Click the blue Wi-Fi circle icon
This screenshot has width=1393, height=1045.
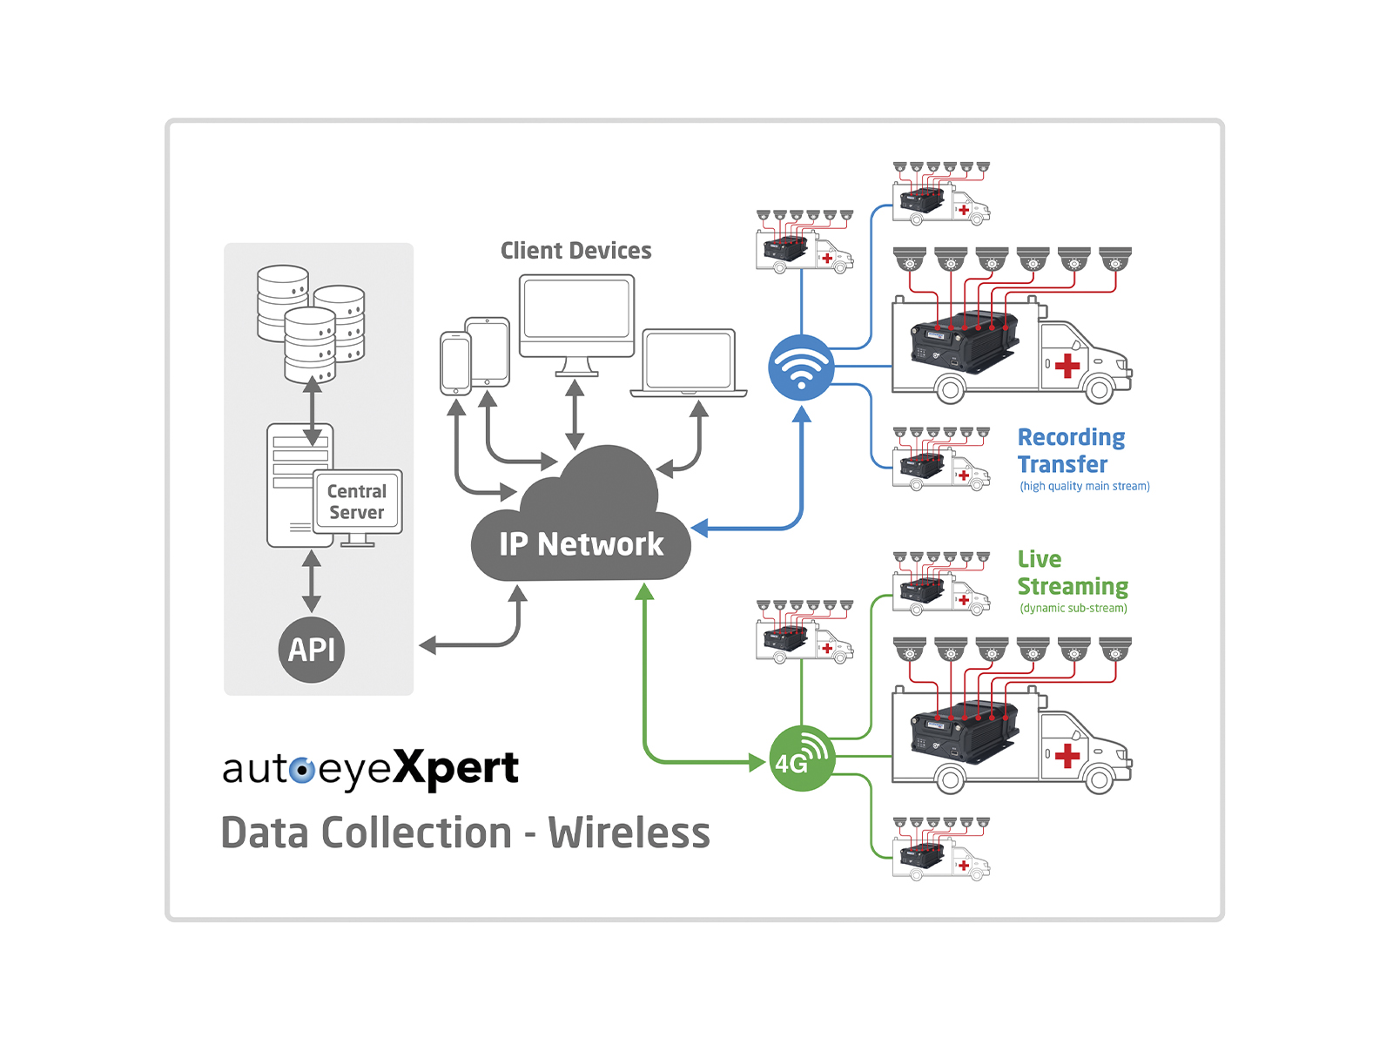801,367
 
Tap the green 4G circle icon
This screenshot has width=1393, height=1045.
801,758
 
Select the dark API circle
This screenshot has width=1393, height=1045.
312,650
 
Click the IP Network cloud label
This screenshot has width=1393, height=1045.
581,544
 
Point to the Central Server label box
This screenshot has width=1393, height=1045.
357,502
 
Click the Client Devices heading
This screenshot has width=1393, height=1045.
575,251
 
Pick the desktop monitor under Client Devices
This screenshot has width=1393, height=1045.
576,317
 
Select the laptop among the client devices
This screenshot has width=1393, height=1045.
689,361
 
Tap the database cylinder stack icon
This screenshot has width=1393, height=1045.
310,322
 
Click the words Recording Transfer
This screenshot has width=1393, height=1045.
1070,450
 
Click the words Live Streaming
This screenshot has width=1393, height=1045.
1072,572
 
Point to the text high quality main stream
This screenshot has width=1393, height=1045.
1084,486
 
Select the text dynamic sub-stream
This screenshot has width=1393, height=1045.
1073,608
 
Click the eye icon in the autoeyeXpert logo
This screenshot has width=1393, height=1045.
302,770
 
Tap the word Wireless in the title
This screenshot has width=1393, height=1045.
629,833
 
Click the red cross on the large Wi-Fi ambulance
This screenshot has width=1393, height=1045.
1067,366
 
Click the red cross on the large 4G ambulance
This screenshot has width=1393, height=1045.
1067,756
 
